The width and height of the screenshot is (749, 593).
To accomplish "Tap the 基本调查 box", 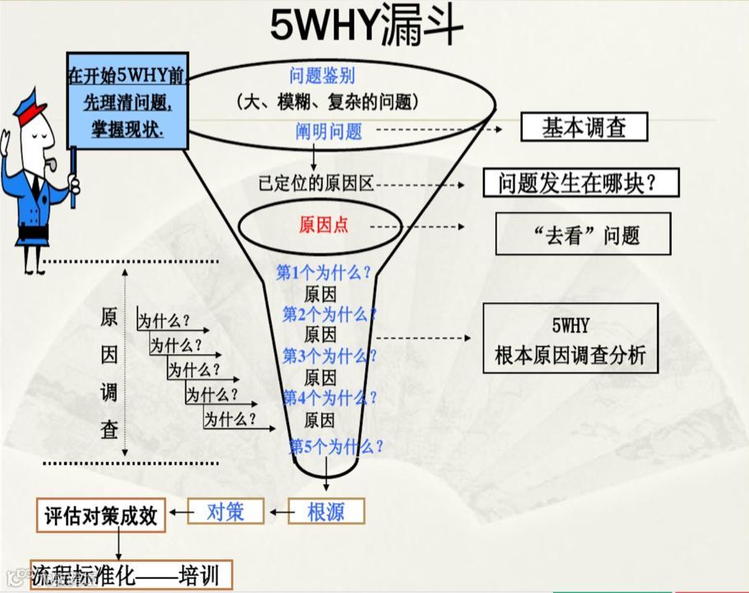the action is pyautogui.click(x=584, y=128).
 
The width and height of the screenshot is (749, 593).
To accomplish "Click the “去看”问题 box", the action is pyautogui.click(x=583, y=235).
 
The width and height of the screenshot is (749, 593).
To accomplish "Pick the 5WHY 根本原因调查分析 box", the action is pyautogui.click(x=570, y=338).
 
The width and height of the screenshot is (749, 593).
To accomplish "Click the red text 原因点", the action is pyautogui.click(x=323, y=225).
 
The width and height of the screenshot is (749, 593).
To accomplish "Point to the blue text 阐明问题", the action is pyautogui.click(x=329, y=130).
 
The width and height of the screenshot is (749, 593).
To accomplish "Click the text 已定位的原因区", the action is pyautogui.click(x=316, y=184).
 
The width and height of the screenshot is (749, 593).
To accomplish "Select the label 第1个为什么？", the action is pyautogui.click(x=323, y=273).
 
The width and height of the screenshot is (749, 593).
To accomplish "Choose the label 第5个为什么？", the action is pyautogui.click(x=336, y=447).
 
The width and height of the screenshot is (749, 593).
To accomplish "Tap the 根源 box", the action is pyautogui.click(x=326, y=512).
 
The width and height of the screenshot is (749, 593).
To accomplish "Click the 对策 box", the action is pyautogui.click(x=226, y=512).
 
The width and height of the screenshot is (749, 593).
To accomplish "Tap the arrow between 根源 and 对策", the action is pyautogui.click(x=277, y=513).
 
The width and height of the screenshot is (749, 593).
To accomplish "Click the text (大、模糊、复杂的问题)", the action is pyautogui.click(x=327, y=102).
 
